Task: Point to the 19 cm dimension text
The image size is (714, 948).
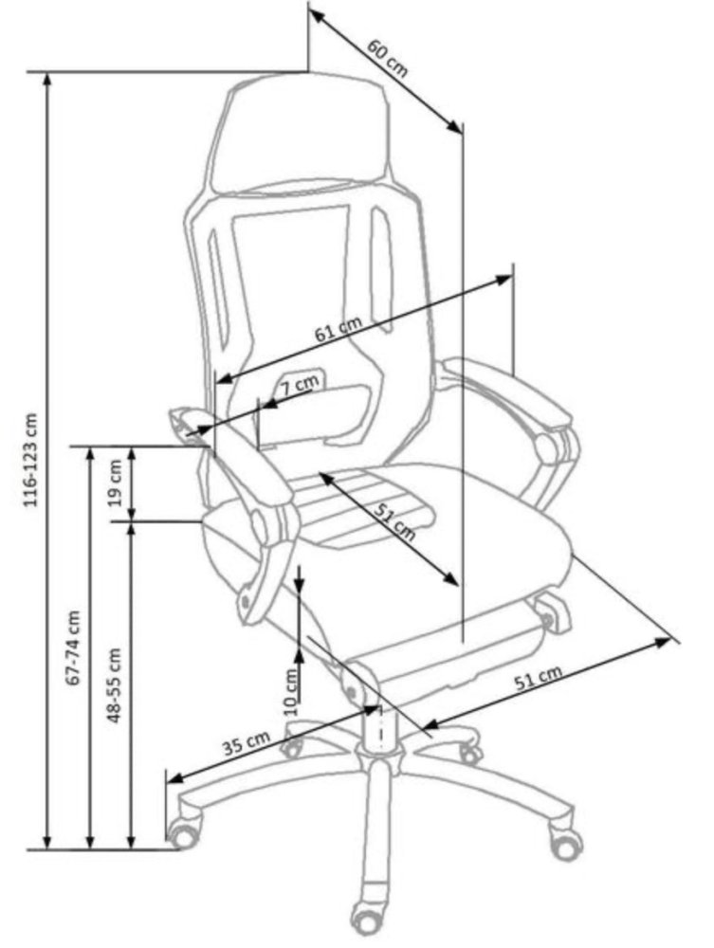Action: pos(115,483)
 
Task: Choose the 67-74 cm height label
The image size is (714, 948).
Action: pos(75,647)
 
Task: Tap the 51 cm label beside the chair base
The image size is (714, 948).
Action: pos(541,677)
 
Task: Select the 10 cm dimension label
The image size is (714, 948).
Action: pos(290,689)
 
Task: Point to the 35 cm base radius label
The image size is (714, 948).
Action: pos(246,744)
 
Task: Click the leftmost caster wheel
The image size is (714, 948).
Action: pos(182,835)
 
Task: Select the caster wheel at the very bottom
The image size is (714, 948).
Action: pos(365,916)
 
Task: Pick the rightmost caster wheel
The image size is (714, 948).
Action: pos(566,843)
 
